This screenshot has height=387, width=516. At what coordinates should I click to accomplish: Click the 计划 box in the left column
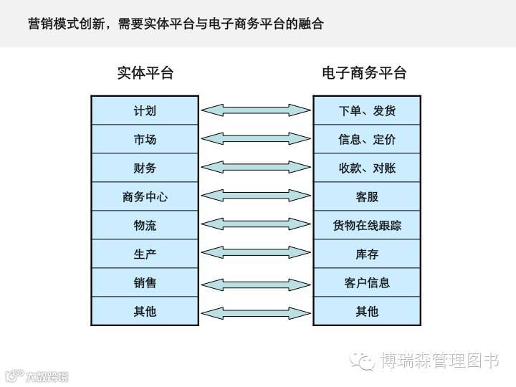[x=145, y=110]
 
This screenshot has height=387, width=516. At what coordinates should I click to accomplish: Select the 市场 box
[x=145, y=139]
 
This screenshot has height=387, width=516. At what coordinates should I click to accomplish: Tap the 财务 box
[x=145, y=168]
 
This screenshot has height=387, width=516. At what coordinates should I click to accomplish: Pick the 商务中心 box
[x=145, y=196]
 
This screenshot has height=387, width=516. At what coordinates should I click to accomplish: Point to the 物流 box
[x=145, y=225]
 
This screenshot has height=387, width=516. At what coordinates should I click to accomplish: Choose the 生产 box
[x=145, y=254]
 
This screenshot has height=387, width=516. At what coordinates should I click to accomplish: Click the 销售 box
[x=145, y=282]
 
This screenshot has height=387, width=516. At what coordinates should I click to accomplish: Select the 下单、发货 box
[x=367, y=110]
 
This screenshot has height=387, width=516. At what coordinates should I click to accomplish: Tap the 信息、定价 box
[x=367, y=139]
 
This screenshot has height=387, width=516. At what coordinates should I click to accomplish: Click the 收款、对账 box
[x=367, y=168]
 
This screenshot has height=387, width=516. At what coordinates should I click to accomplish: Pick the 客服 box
[x=367, y=196]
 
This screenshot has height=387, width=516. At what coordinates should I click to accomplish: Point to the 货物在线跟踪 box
[x=367, y=225]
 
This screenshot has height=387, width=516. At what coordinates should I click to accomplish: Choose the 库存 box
[x=367, y=254]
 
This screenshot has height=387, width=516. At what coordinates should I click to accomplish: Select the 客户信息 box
[x=367, y=282]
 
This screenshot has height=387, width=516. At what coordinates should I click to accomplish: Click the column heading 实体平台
[x=145, y=73]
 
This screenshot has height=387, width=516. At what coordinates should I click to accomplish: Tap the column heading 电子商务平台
[x=364, y=73]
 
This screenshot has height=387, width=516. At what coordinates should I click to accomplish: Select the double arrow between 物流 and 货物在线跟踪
[x=256, y=224]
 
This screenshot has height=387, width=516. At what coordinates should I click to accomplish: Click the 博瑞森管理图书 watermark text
[x=439, y=360]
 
